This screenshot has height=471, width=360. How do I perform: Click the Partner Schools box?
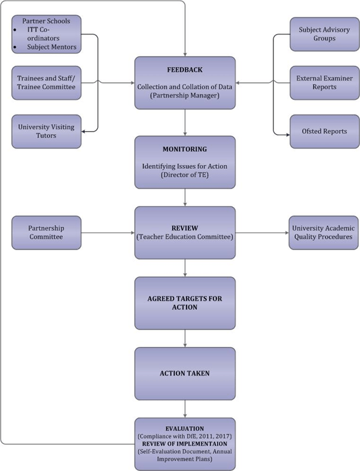46,34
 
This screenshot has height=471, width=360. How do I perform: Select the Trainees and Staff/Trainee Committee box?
46,83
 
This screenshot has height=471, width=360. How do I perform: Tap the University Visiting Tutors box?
46,131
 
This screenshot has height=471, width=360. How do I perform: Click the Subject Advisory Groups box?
324,34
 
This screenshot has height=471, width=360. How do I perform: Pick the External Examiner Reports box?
324,83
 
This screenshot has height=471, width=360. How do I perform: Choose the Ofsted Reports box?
324,131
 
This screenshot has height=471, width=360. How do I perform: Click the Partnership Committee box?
46,233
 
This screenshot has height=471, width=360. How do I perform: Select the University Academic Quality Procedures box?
324,233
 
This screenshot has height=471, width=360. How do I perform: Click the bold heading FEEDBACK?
185,70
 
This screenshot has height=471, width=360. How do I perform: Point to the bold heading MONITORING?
185,148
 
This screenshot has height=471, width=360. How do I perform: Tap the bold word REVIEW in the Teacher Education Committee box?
185,227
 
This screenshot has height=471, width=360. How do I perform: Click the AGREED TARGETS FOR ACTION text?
185,303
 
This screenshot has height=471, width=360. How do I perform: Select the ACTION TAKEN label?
185,373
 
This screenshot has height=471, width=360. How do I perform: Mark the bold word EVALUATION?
185,429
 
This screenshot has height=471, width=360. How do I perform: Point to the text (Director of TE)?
185,175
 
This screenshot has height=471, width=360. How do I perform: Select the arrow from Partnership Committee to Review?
108,233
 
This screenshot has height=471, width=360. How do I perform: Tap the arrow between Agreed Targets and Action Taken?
185,338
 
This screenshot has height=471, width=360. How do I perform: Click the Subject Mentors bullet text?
51,45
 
